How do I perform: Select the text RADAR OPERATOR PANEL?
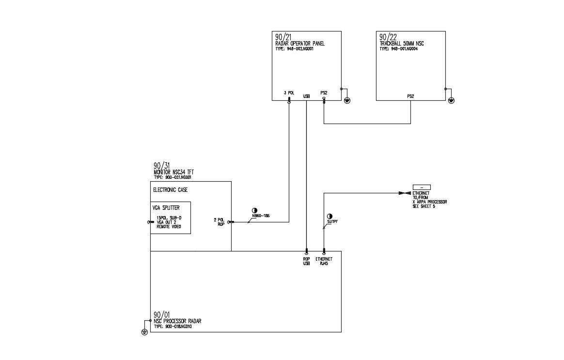coord(299,44)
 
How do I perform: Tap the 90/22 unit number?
coord(387,37)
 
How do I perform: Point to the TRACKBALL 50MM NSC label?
coord(402,44)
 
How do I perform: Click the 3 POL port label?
coord(289,93)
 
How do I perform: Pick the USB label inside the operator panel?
coord(306,96)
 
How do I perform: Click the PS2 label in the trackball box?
coord(410,96)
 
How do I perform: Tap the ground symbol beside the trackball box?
coord(452,100)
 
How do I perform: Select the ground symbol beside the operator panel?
coord(347,100)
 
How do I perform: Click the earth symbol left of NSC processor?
coord(144,332)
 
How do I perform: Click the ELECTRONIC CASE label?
coord(170,190)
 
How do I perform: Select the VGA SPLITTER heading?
coord(166,208)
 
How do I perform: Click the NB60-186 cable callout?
coord(261,216)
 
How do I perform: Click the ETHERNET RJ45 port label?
coord(324,261)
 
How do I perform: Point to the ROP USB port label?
coord(306,261)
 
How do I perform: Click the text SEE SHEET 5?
coord(420,206)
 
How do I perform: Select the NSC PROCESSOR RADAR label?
coord(177,321)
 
